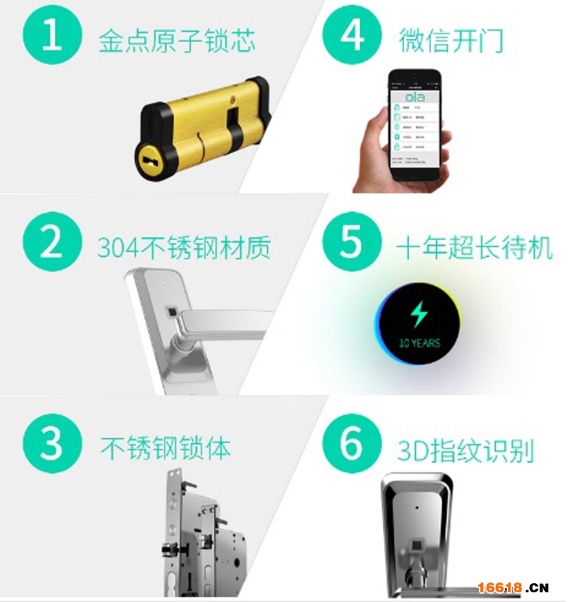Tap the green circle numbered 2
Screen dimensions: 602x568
pos(52,242)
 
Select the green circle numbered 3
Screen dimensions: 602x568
pos(52,443)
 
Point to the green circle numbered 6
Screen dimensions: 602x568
pos(352,443)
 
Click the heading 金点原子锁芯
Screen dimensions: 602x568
pos(176,40)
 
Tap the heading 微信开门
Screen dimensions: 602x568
pos(451,40)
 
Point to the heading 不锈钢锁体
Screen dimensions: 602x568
pos(165,447)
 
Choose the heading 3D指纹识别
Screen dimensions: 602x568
pos(465,450)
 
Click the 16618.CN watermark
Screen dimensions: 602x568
pos(512,587)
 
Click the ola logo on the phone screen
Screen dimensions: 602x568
pos(414,97)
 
